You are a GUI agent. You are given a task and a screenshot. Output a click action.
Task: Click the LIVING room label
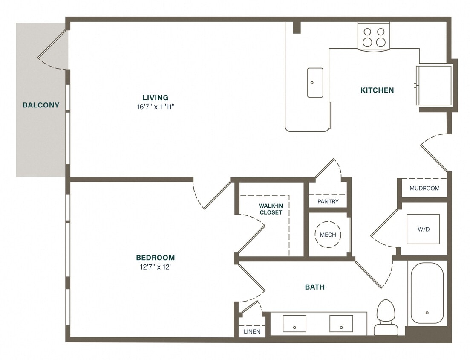coord(155,98)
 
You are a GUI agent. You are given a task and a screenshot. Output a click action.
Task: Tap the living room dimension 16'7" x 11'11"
coord(155,107)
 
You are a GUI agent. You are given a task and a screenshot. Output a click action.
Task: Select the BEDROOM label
coord(155,258)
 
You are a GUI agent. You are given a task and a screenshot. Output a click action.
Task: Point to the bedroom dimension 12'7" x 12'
coord(155,267)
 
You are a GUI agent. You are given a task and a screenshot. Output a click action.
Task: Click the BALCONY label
coord(41,105)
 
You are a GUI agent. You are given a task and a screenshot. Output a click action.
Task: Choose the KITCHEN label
coord(377,90)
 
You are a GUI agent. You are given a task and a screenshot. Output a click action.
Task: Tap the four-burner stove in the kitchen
coord(374,37)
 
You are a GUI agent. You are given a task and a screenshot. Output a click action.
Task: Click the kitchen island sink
coord(315,82)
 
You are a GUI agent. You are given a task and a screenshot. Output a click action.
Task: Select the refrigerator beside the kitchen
coord(434,85)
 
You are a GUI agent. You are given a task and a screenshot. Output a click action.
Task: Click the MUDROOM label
coord(424,188)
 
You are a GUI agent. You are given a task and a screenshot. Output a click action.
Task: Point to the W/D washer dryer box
coord(423,229)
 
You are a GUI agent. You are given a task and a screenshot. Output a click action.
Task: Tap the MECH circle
coord(328,235)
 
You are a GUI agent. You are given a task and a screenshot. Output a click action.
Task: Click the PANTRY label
coord(328,201)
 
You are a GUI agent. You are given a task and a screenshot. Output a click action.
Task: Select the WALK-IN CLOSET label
coord(271,209)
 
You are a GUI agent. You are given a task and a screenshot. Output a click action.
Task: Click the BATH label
coord(314,287)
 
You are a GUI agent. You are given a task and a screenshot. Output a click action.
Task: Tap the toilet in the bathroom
coord(386,317)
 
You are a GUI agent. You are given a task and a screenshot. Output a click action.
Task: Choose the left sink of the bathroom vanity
coord(294,324)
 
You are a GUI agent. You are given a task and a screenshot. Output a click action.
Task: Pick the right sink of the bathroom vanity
coord(341,324)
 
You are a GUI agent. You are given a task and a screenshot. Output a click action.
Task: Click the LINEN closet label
coord(252,331)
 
